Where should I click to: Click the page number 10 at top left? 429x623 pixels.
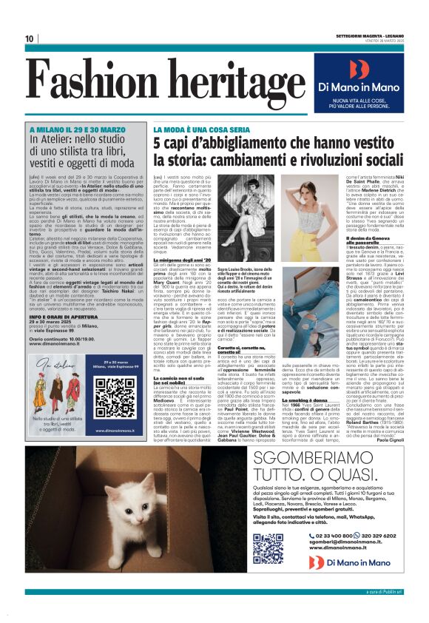coord(30,38)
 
